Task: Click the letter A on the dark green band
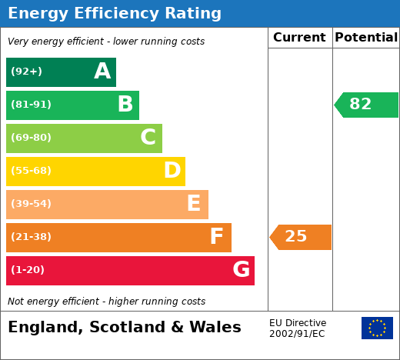click(x=102, y=71)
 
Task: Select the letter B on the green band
click(x=125, y=104)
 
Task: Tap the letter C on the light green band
click(x=148, y=137)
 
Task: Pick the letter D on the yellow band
click(x=172, y=170)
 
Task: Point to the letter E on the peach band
click(x=194, y=203)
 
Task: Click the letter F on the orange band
click(x=216, y=236)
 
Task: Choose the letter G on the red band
click(x=241, y=269)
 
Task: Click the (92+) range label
click(x=26, y=71)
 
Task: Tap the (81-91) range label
click(x=31, y=104)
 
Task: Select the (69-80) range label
click(x=31, y=137)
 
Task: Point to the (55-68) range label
click(x=31, y=170)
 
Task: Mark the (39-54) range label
click(x=31, y=203)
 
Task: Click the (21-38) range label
click(x=31, y=236)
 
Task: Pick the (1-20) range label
click(x=28, y=269)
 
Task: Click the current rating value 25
click(x=296, y=236)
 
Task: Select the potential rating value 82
click(x=360, y=104)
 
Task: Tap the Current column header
click(x=299, y=37)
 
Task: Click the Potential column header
click(x=366, y=37)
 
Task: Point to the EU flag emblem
click(x=377, y=328)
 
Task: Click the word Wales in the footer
click(x=215, y=327)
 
